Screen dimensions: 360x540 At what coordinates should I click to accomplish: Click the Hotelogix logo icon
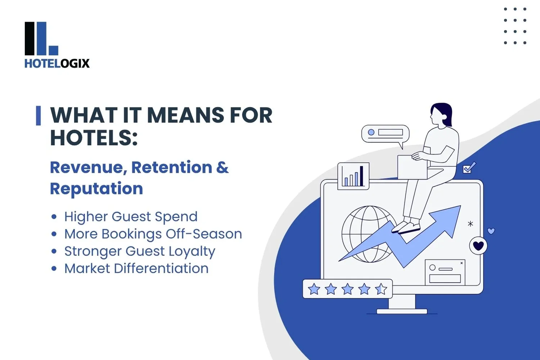(x=41, y=39)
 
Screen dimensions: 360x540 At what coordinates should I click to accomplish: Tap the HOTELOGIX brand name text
(x=57, y=63)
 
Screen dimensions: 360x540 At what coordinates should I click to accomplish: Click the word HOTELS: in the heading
(x=94, y=138)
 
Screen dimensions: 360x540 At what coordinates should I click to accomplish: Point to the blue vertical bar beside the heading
(x=38, y=116)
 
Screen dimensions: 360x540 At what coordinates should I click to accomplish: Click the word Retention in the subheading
(x=172, y=167)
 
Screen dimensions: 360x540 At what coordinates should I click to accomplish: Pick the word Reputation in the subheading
(x=96, y=189)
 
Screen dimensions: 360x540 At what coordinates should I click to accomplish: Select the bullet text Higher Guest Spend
(x=131, y=217)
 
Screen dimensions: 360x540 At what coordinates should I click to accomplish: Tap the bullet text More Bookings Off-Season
(x=153, y=234)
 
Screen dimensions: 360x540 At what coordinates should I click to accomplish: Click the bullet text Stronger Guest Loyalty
(x=140, y=251)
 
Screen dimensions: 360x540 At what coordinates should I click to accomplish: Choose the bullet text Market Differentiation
(x=136, y=269)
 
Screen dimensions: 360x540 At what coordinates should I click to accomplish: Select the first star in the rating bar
(x=314, y=289)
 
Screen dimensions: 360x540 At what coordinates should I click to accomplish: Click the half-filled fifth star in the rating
(x=381, y=289)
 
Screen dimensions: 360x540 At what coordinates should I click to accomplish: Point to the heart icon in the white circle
(x=478, y=246)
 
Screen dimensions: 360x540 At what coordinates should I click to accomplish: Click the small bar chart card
(x=353, y=176)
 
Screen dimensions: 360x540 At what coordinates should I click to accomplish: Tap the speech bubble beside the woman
(x=385, y=134)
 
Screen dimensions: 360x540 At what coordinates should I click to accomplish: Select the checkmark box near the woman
(x=468, y=168)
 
